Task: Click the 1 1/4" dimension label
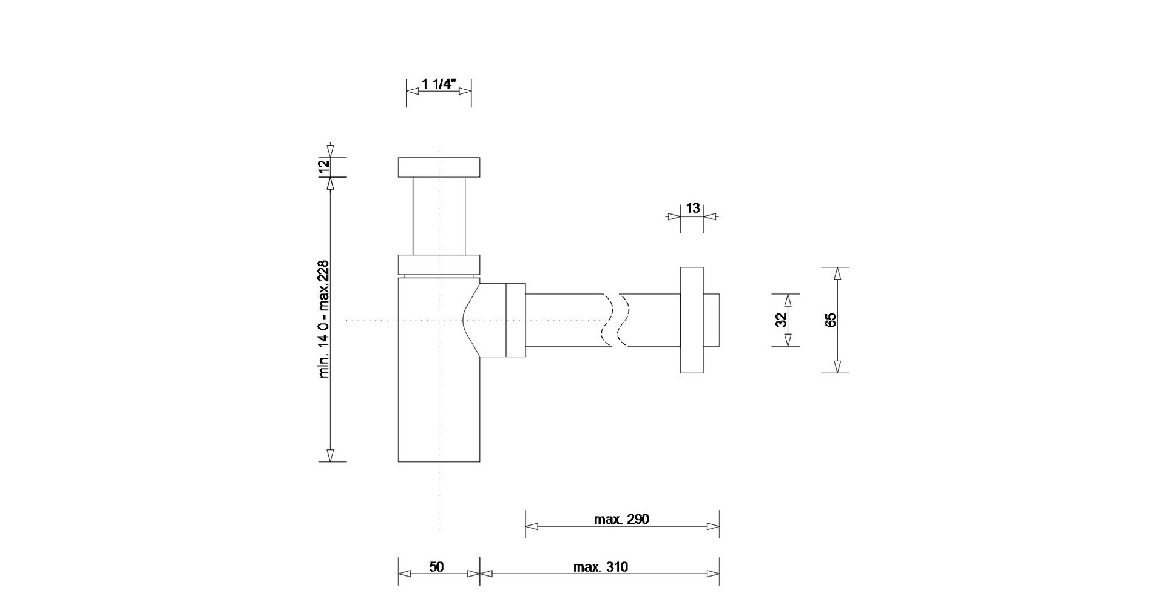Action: point(439,84)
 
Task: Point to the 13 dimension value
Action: point(692,208)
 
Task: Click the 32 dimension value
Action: point(782,320)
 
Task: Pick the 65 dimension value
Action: point(831,320)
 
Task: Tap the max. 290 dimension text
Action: point(621,519)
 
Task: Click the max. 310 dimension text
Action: point(601,567)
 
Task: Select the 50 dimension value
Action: point(436,567)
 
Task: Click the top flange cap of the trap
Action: point(439,167)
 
